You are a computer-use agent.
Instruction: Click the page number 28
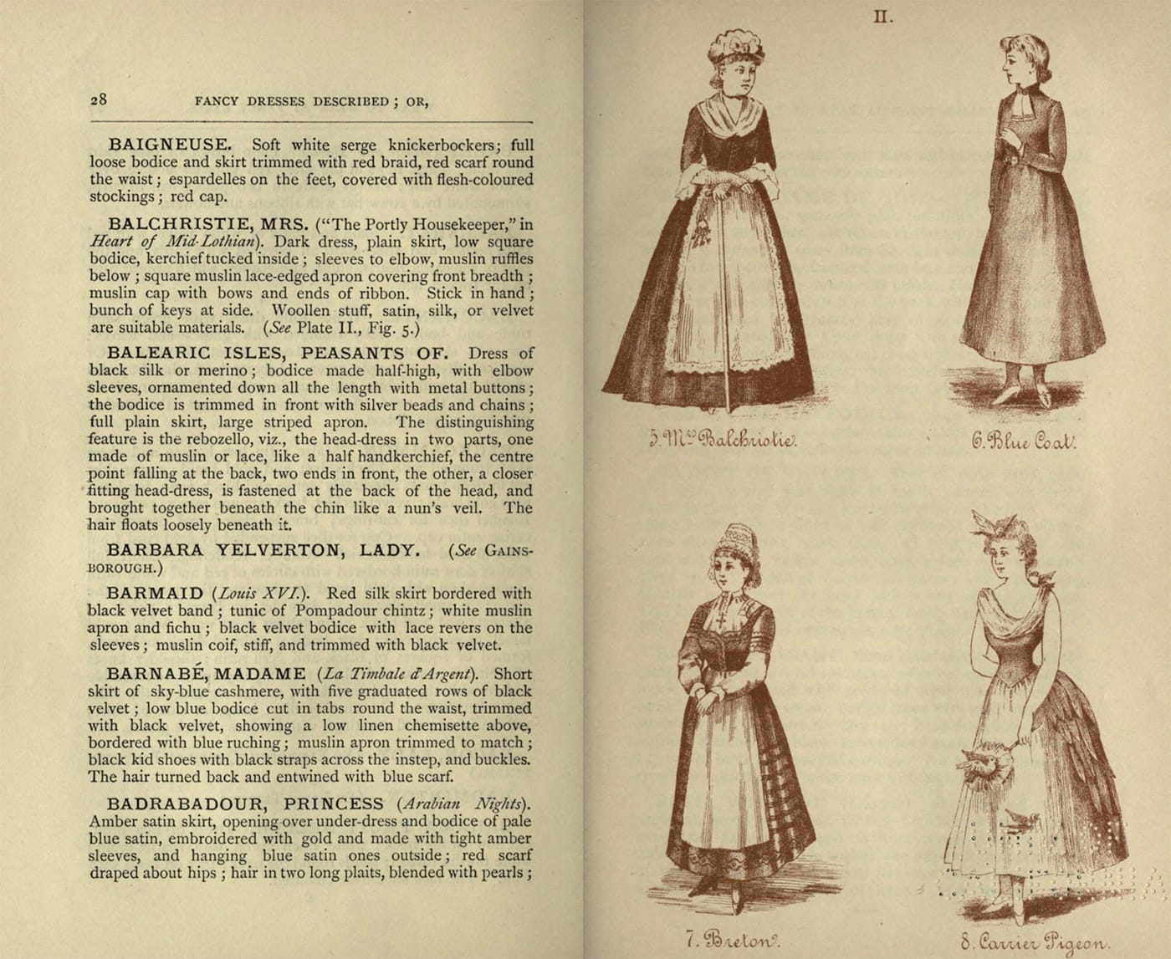(x=99, y=99)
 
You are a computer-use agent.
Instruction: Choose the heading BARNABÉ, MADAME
(x=206, y=673)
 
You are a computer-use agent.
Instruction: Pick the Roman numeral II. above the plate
(x=883, y=18)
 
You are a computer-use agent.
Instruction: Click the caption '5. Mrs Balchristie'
(x=723, y=439)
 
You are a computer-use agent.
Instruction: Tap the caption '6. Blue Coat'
(x=1023, y=441)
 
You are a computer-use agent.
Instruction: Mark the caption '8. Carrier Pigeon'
(x=1035, y=941)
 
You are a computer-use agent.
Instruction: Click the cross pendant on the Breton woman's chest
(x=720, y=621)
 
